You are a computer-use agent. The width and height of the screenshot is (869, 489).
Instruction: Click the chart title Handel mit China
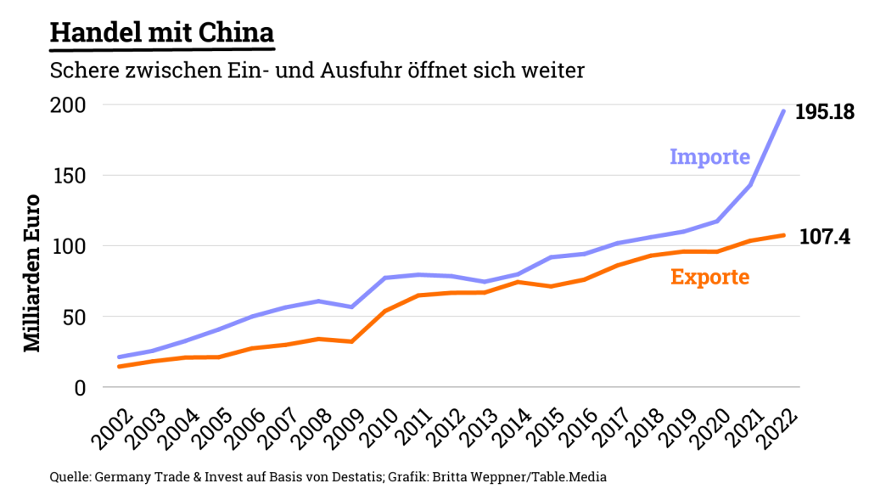click(x=161, y=33)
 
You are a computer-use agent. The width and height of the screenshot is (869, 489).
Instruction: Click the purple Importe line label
click(x=709, y=157)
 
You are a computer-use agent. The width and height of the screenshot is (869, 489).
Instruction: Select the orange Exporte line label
click(x=709, y=277)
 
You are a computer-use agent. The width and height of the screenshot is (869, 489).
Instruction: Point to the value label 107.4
click(x=824, y=237)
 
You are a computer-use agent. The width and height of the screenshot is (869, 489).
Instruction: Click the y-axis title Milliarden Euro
click(x=31, y=273)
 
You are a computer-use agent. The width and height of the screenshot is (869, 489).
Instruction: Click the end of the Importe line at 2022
click(x=783, y=110)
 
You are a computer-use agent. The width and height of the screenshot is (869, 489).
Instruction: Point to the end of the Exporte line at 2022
click(x=783, y=235)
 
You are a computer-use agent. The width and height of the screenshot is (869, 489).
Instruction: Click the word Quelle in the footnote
click(x=70, y=476)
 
